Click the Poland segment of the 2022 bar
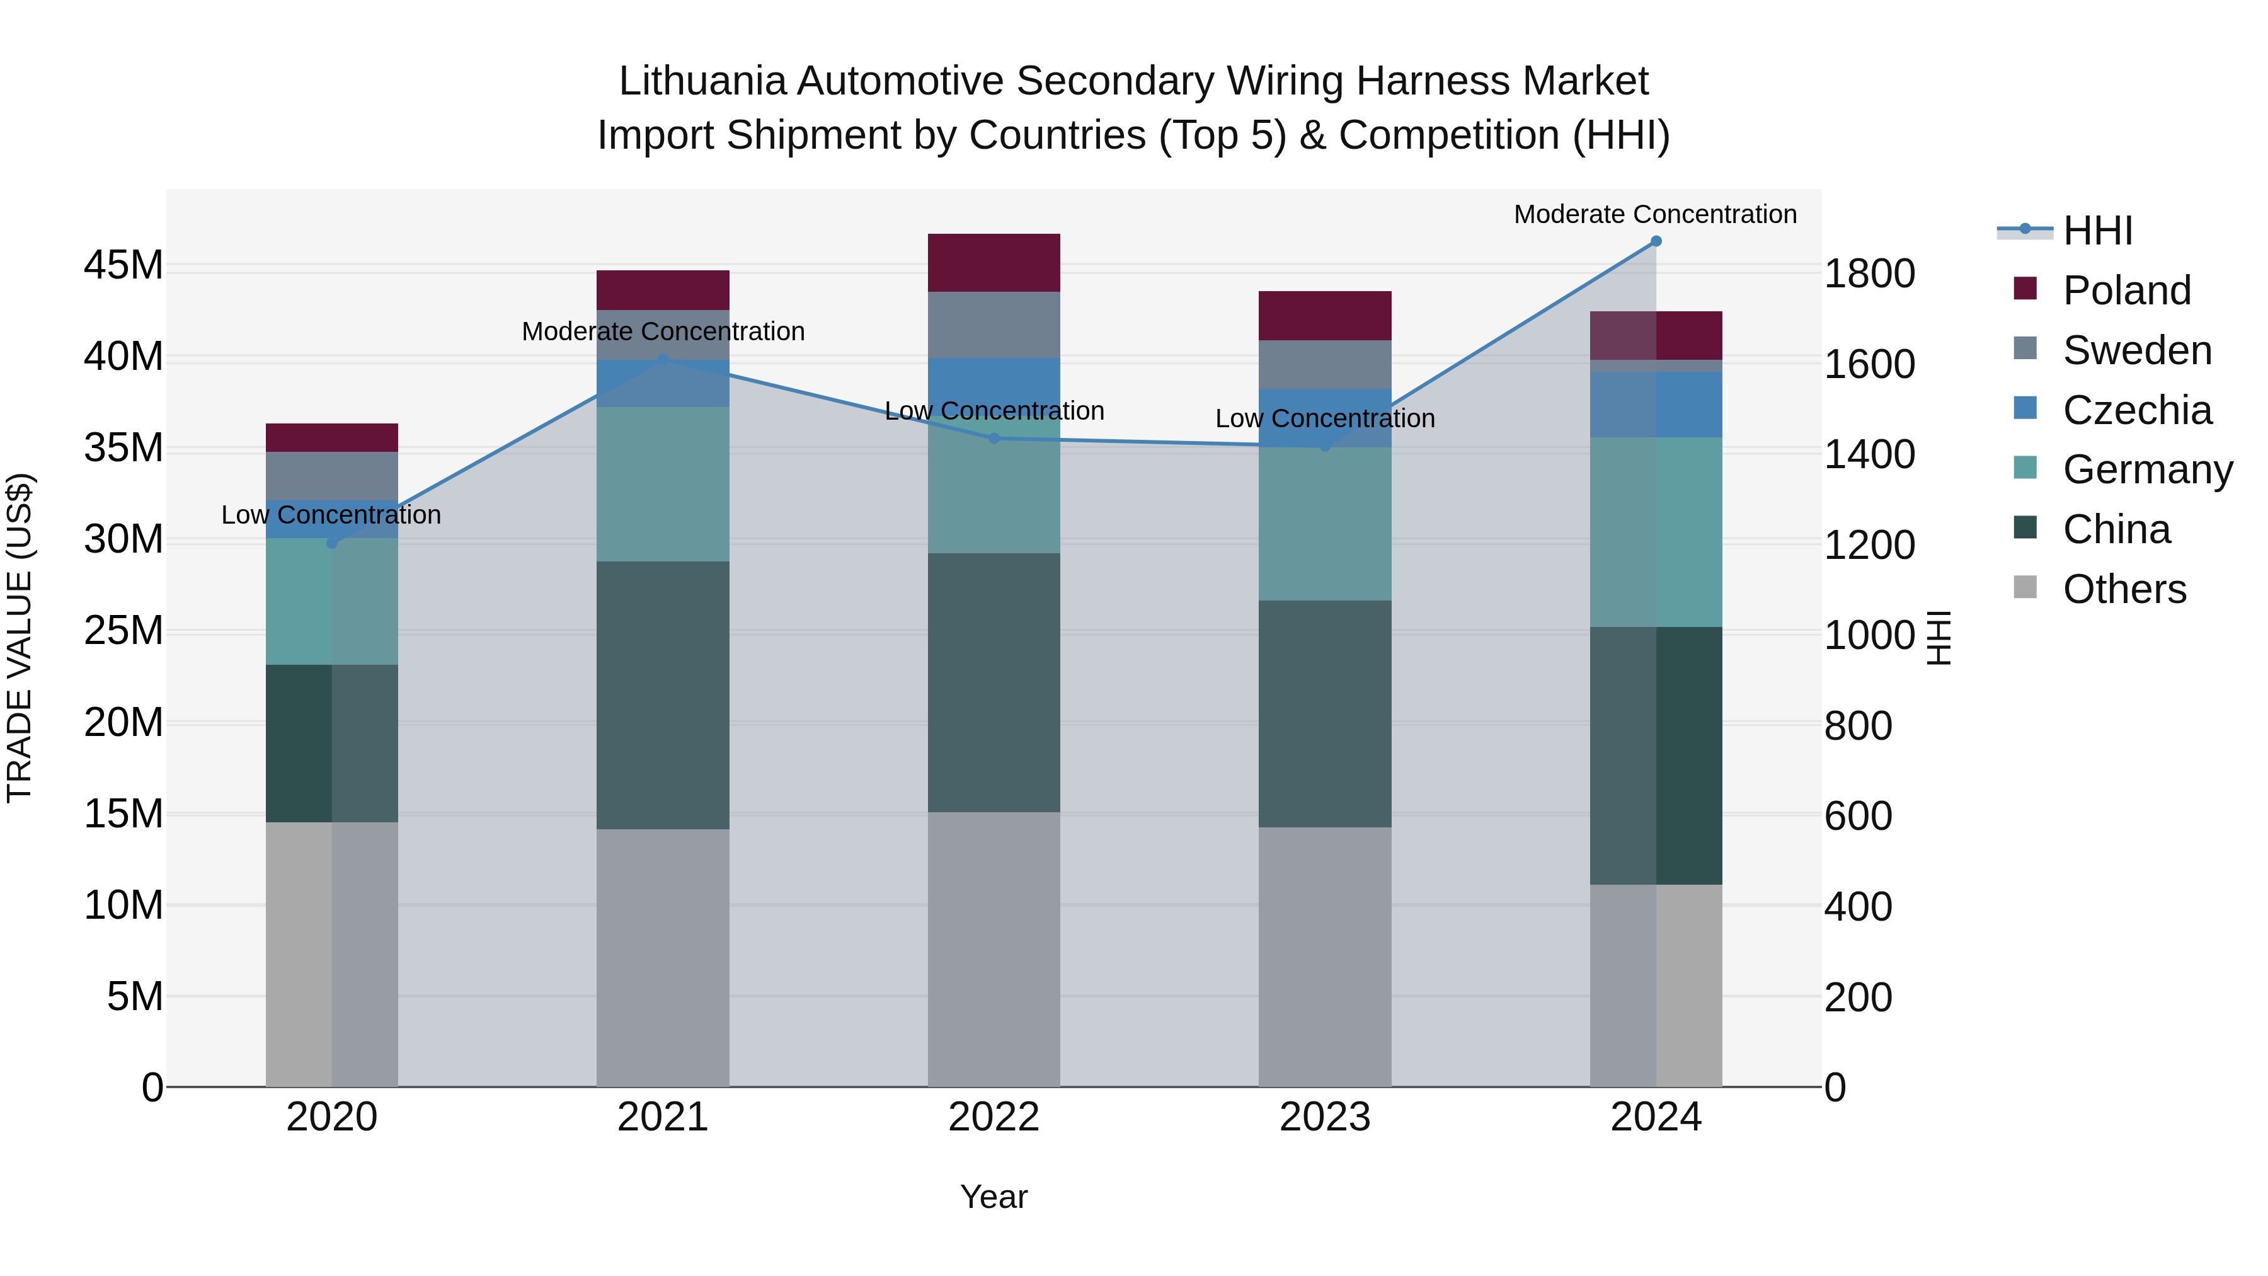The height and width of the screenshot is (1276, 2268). (x=994, y=262)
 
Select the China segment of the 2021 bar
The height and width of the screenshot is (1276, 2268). (x=663, y=695)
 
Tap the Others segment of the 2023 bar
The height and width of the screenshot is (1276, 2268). (x=1325, y=957)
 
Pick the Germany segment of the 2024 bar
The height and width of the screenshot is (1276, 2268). (x=1656, y=532)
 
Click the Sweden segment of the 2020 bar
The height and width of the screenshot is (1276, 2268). (x=332, y=476)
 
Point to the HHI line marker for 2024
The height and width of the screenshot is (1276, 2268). (x=1656, y=241)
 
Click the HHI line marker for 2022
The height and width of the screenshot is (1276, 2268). (x=994, y=438)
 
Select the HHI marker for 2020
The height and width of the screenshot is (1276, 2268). (x=332, y=543)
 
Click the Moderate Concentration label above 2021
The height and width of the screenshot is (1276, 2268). (x=663, y=332)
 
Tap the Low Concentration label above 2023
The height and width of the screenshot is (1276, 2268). (x=1325, y=419)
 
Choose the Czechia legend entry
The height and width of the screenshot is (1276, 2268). (x=2137, y=410)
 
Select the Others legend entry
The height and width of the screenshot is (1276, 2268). (x=2124, y=589)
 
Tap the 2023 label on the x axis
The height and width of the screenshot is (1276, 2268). (x=1325, y=1117)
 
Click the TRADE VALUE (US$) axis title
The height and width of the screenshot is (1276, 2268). (x=20, y=638)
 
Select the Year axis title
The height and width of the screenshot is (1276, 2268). (x=994, y=1197)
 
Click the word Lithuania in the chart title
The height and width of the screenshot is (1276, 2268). (x=702, y=81)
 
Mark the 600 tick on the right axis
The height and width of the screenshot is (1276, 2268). (x=1858, y=816)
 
